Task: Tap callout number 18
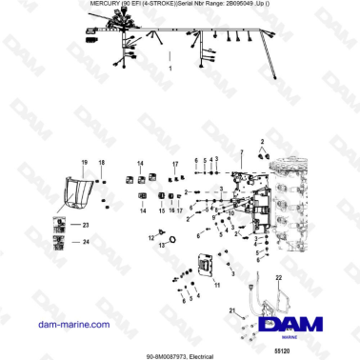pyautogui.click(x=101, y=163)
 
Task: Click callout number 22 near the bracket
pyautogui.click(x=278, y=276)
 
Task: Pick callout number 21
pyautogui.click(x=230, y=311)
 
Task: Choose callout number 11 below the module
pyautogui.click(x=216, y=286)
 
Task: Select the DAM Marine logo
pyautogui.click(x=304, y=327)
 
